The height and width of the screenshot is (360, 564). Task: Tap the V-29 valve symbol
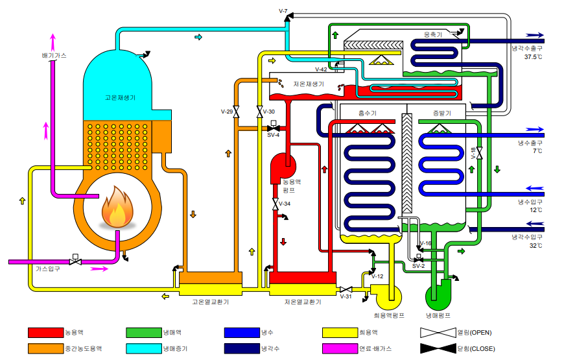coord(236,113)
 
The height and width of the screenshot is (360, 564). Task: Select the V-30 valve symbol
coord(259,113)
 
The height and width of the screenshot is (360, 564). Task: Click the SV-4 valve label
coord(273,136)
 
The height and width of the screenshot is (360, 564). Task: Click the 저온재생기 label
coord(308,84)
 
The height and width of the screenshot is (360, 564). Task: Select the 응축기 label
coord(432,35)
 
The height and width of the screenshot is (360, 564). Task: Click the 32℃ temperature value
coord(535,245)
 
